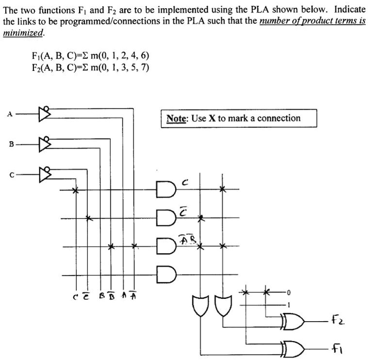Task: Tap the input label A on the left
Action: point(9,115)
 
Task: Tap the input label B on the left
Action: point(9,143)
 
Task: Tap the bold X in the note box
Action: point(212,119)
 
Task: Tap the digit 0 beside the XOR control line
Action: point(288,293)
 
